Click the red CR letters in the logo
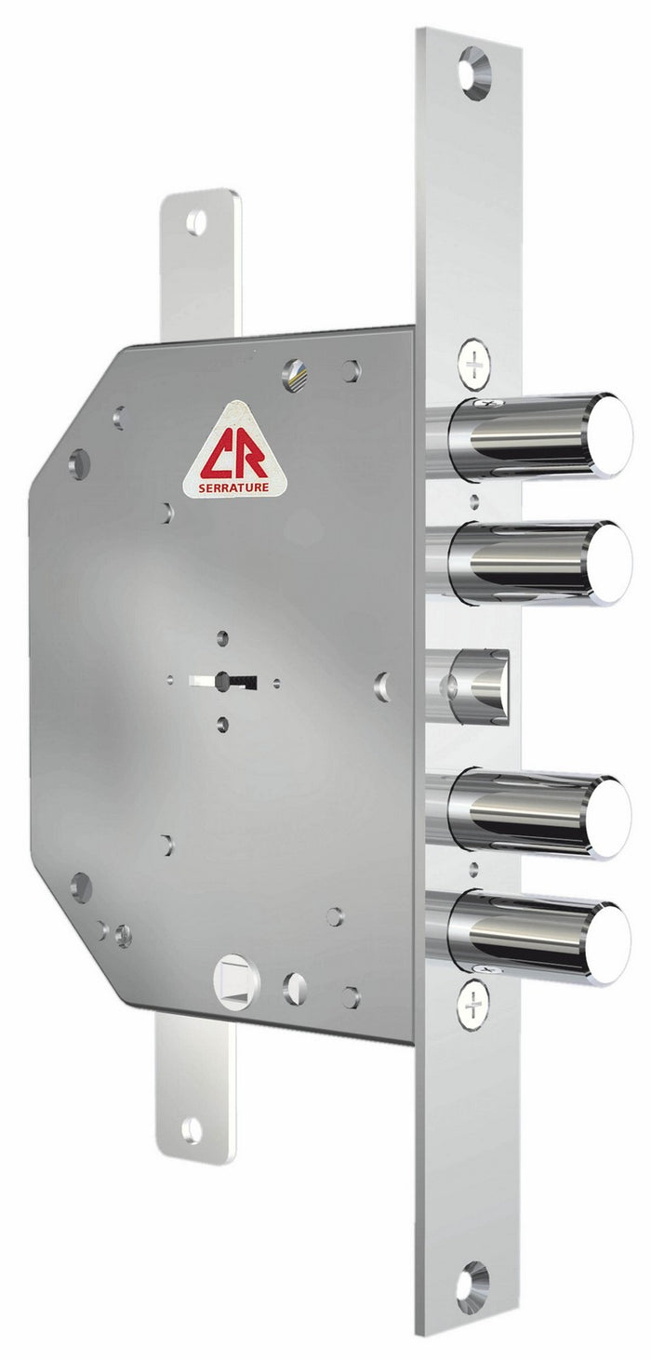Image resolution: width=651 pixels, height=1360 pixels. [x=235, y=457]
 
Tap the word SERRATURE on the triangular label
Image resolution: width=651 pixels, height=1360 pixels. [x=235, y=485]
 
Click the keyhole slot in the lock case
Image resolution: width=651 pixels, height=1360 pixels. [x=224, y=682]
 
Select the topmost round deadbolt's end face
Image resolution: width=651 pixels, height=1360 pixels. [x=610, y=436]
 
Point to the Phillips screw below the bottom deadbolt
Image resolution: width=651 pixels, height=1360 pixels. [x=472, y=1004]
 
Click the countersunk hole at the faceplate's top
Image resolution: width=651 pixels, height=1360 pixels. [x=473, y=72]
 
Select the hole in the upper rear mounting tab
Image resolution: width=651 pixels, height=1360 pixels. [x=196, y=222]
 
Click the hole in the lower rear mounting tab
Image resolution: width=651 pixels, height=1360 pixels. [x=192, y=1129]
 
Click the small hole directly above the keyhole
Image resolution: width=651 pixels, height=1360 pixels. [x=222, y=638]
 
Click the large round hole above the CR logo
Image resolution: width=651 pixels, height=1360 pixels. [x=295, y=375]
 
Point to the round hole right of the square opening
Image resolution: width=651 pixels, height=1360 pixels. [x=295, y=988]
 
